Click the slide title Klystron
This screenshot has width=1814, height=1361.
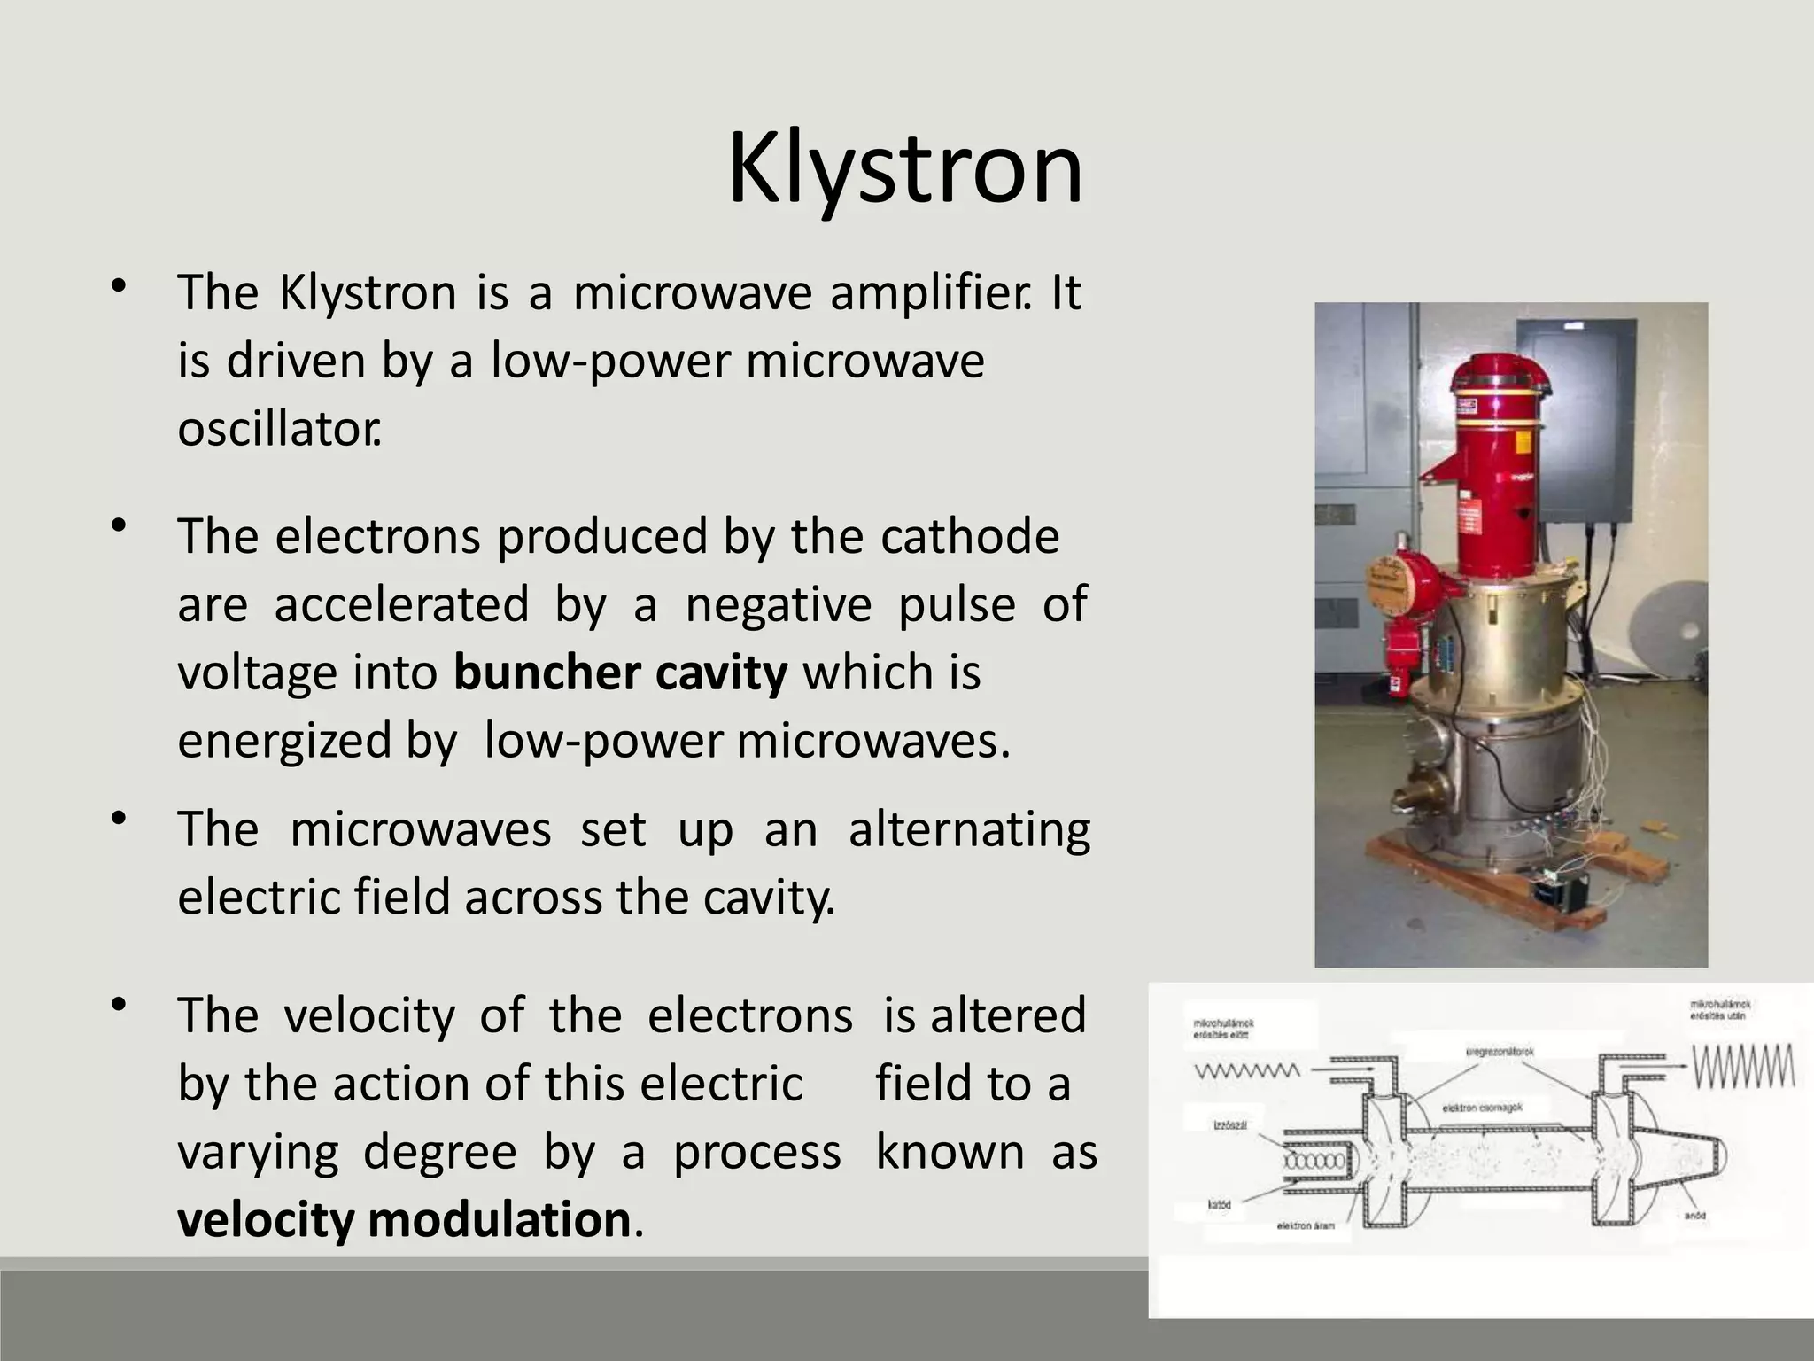click(x=905, y=168)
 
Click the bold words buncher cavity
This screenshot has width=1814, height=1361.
click(x=620, y=673)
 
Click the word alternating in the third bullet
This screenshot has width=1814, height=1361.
click(x=969, y=831)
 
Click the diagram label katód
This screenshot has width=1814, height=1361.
click(x=1220, y=1205)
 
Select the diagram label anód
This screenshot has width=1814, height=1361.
click(x=1694, y=1216)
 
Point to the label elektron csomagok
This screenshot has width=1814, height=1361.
click(x=1481, y=1108)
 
